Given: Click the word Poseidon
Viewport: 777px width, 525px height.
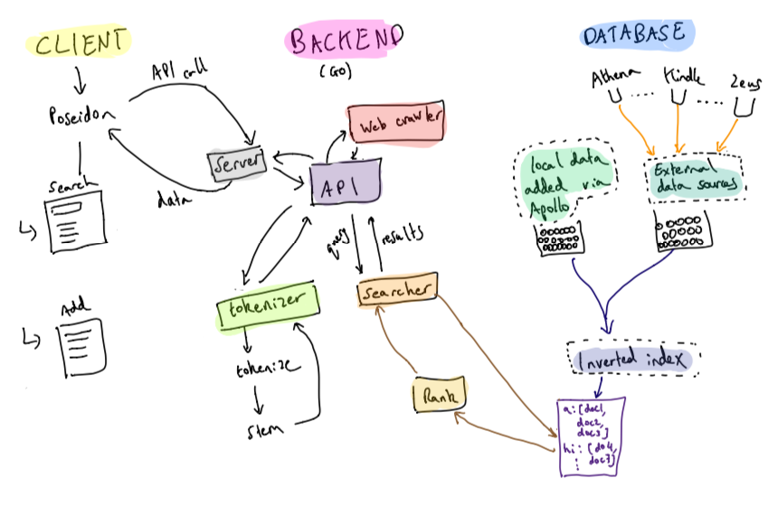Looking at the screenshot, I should click(x=81, y=115).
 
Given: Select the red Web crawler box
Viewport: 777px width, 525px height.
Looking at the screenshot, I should click(x=395, y=124).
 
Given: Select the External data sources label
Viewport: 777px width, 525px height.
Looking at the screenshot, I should click(x=694, y=177).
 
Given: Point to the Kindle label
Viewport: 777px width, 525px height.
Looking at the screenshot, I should click(x=683, y=74).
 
